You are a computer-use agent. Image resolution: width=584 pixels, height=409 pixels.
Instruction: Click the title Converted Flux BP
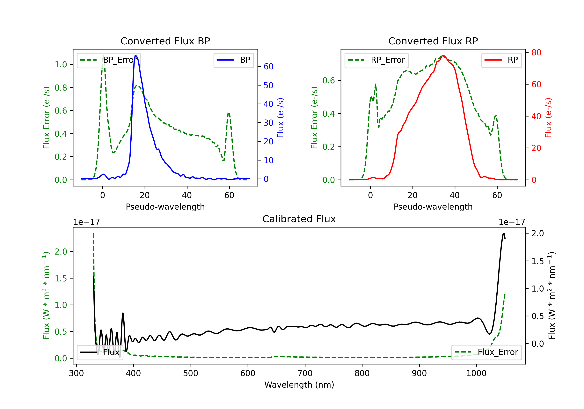pyautogui.click(x=165, y=41)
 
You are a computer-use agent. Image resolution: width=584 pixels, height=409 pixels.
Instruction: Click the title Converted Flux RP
pyautogui.click(x=433, y=41)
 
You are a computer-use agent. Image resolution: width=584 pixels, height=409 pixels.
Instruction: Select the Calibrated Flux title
pyautogui.click(x=299, y=219)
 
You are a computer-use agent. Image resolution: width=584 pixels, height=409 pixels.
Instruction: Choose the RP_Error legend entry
pyautogui.click(x=376, y=60)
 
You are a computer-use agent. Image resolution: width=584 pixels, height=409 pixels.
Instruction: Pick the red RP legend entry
pyautogui.click(x=501, y=60)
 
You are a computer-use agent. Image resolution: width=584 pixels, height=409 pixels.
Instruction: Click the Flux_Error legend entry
pyautogui.click(x=486, y=352)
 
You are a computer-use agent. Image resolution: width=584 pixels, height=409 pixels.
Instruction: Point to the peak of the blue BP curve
pyautogui.click(x=135, y=55)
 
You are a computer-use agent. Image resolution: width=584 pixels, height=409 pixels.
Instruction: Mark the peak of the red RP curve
pyautogui.click(x=443, y=55)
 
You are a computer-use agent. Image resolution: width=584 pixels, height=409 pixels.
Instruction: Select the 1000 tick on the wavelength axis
pyautogui.click(x=476, y=373)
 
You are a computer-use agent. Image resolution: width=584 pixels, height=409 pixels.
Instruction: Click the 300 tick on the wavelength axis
pyautogui.click(x=77, y=373)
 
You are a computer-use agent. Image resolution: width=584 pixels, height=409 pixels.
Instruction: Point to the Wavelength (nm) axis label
pyautogui.click(x=299, y=385)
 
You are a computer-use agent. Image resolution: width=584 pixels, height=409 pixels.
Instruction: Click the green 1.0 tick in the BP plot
pyautogui.click(x=61, y=65)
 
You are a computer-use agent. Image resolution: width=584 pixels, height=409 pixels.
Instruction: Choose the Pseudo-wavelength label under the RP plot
pyautogui.click(x=433, y=207)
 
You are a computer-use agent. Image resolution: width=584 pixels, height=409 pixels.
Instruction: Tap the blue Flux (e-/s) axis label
pyautogui.click(x=280, y=118)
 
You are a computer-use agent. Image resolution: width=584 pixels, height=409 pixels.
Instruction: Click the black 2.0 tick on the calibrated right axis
pyautogui.click(x=538, y=233)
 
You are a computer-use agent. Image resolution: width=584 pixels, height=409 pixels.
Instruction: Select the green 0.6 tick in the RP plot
pyautogui.click(x=329, y=80)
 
